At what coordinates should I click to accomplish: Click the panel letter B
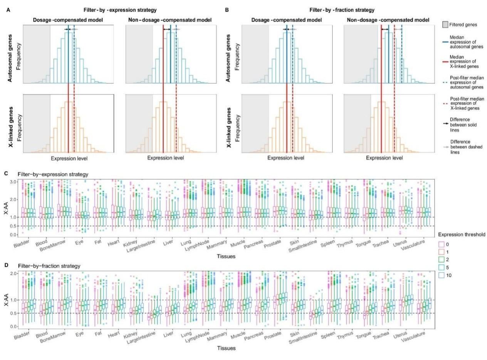pyautogui.click(x=227, y=10)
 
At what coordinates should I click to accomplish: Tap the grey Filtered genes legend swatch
pyautogui.click(x=445, y=25)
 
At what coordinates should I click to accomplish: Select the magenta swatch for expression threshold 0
pyautogui.click(x=442, y=244)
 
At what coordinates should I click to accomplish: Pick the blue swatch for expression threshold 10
pyautogui.click(x=442, y=275)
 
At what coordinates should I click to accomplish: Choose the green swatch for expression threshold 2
pyautogui.click(x=442, y=259)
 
